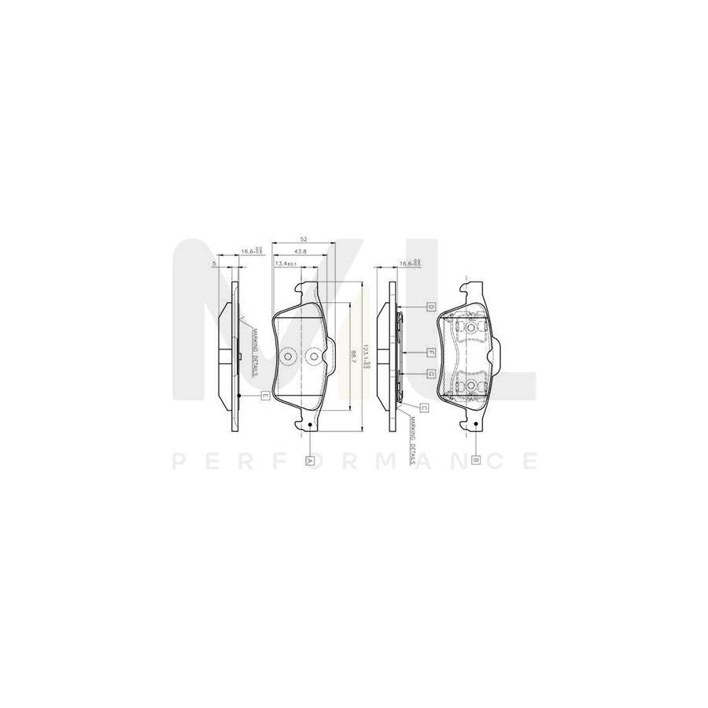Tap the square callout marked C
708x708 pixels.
423,407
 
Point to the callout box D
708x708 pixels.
431,305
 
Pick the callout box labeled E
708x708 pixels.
265,396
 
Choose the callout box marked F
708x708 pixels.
431,352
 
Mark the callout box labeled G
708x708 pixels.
431,374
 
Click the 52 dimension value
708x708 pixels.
304,239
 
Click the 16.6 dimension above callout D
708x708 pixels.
411,264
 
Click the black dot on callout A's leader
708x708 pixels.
312,427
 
